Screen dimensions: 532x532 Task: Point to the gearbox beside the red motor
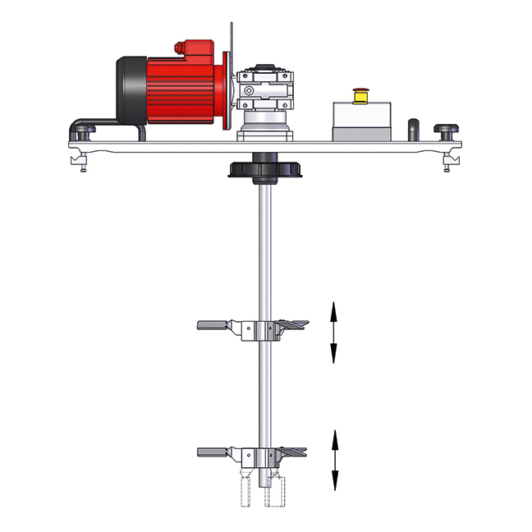pos(264,94)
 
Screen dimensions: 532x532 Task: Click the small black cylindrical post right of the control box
pos(415,129)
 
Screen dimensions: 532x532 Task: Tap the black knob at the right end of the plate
pos(448,130)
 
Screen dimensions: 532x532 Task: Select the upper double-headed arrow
pos(333,331)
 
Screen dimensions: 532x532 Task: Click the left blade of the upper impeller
pos(218,325)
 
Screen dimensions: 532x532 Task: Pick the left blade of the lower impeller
pos(218,452)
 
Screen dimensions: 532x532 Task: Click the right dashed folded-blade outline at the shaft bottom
pos(273,489)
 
